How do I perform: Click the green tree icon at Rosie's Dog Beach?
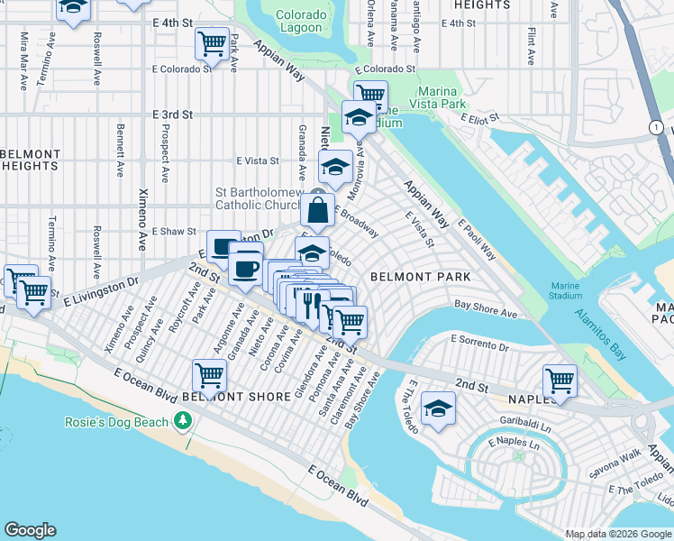coord(183,421)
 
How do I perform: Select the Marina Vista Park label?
coord(438,97)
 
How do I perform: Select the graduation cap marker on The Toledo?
coord(438,410)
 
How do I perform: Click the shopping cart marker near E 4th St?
coord(212,42)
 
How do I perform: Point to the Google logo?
coord(30,530)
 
